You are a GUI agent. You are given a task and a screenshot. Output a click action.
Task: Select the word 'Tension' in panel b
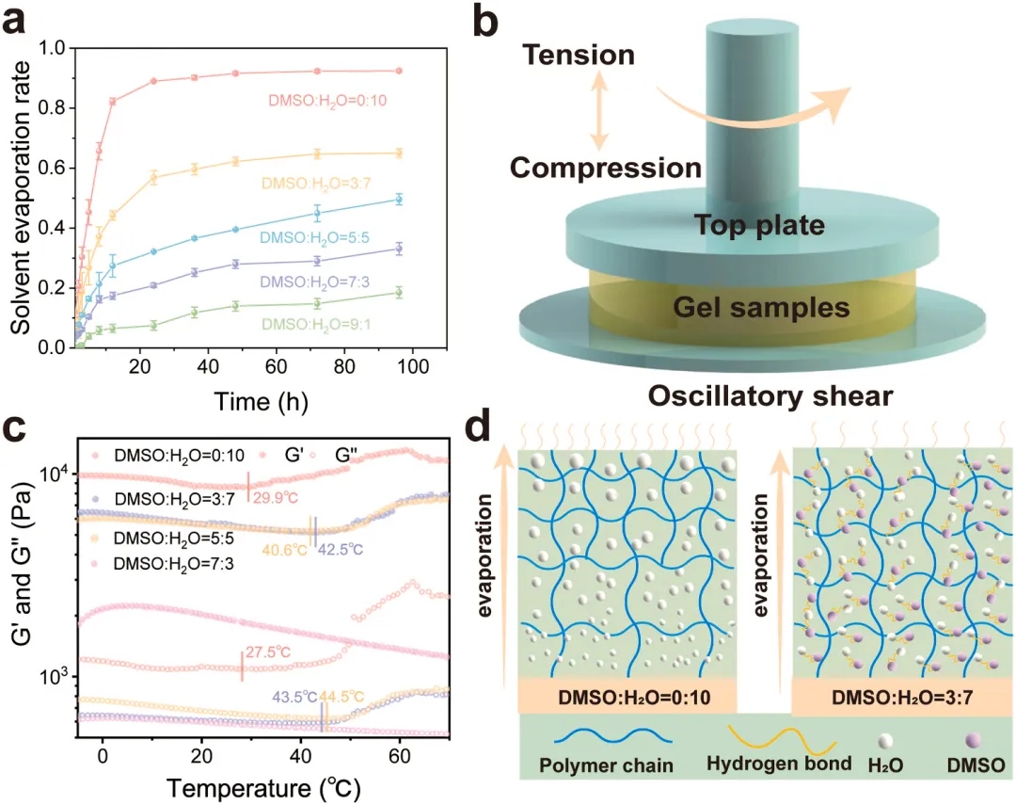point(579,55)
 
